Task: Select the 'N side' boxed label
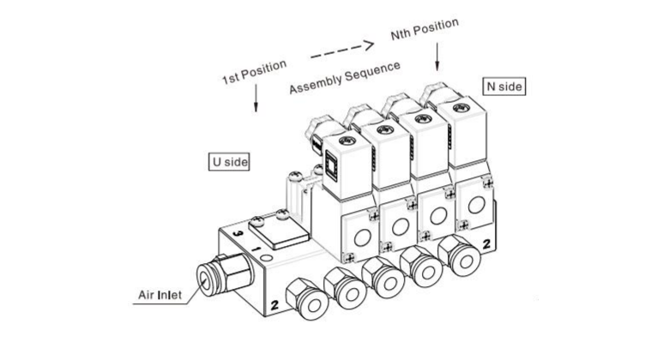505,86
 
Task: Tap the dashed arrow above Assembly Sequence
341,52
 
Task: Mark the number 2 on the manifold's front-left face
274,304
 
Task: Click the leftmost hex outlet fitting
304,295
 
